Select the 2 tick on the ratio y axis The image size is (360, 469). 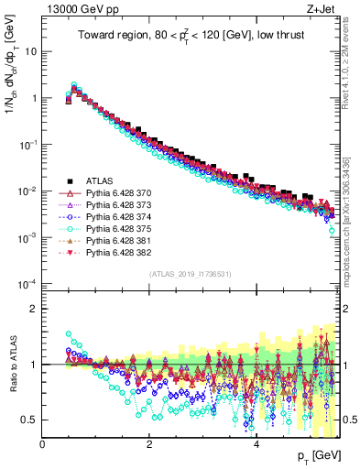[35, 309]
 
